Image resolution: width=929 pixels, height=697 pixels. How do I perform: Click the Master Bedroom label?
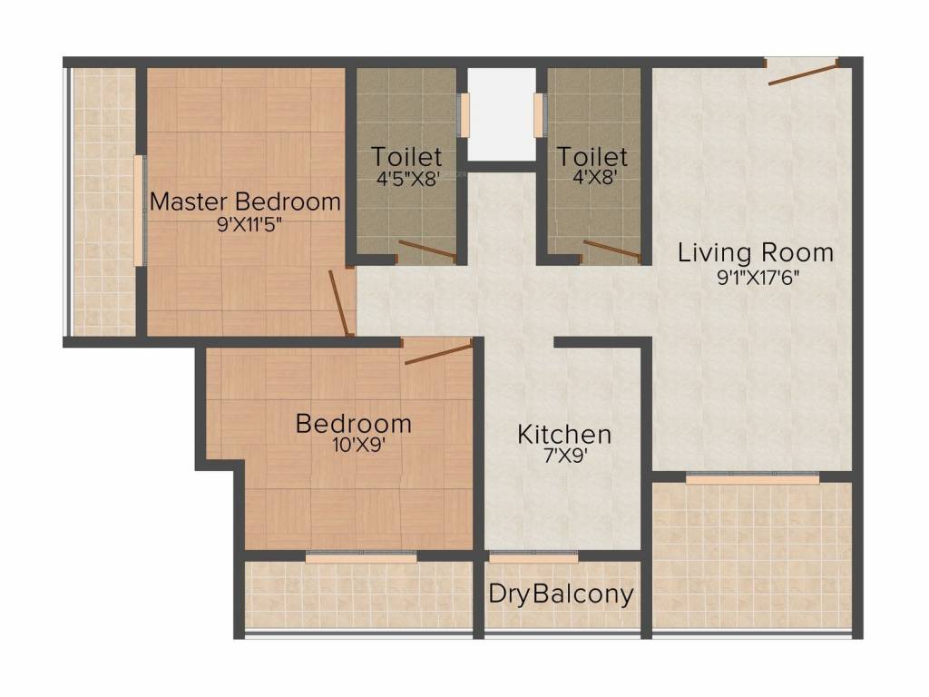pos(245,201)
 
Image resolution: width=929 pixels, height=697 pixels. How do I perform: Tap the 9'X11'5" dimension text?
pos(245,224)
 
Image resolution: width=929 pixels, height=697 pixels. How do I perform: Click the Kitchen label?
pos(564,434)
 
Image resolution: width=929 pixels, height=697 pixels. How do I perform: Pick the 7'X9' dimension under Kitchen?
pos(564,456)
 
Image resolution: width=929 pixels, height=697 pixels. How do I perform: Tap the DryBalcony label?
pos(561,594)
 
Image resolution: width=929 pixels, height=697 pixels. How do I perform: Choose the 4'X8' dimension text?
pos(592,178)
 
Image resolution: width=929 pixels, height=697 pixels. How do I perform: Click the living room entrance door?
pos(802,72)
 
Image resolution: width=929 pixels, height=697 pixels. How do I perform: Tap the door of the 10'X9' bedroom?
pos(438,354)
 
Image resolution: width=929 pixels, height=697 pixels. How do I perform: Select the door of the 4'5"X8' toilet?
pos(427,250)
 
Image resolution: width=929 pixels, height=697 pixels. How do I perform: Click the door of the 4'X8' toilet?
pos(611,249)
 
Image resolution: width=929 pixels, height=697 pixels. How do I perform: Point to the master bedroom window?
pos(139,211)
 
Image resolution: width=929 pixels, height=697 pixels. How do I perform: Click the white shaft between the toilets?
pos(501,114)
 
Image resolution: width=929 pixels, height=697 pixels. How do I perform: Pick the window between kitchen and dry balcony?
pos(533,556)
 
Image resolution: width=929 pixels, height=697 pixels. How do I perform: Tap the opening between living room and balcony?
pos(752,477)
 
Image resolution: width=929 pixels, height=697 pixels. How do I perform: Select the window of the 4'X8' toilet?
pos(539,114)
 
